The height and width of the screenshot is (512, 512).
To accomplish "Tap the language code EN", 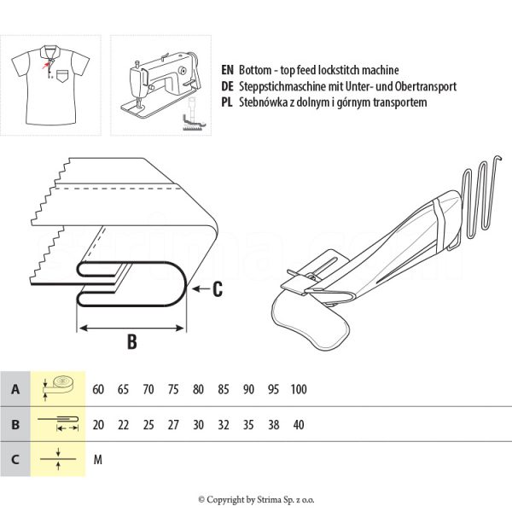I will pos(226,70).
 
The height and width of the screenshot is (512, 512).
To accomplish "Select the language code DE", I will pos(226,86).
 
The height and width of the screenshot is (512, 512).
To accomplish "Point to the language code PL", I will pos(226,102).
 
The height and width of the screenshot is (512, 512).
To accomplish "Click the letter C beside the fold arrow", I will pos(218,290).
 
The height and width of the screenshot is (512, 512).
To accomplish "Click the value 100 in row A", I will pos(299,389).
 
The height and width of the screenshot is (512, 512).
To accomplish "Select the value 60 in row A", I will pos(98,389).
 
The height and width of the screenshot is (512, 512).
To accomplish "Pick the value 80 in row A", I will pos(198,389).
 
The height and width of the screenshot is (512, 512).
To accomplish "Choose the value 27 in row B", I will pos(173,424).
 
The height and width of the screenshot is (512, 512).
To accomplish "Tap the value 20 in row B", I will pos(98,424).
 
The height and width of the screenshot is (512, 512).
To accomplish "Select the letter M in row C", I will pos(98,459).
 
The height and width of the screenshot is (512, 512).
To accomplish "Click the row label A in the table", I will pos(15,389).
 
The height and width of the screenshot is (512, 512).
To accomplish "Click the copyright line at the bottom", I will pos(256,499).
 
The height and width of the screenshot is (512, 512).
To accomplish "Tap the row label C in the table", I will pos(15,459).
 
